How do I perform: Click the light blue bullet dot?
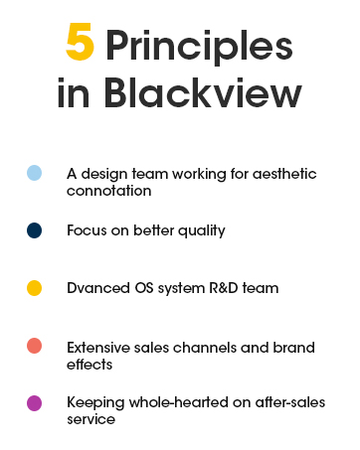[34, 173]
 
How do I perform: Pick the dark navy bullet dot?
[34, 230]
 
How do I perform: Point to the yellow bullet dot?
[34, 288]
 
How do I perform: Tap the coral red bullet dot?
[34, 347]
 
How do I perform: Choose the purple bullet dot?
[34, 403]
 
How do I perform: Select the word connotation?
[108, 189]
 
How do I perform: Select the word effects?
[90, 364]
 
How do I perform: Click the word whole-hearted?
[180, 403]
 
